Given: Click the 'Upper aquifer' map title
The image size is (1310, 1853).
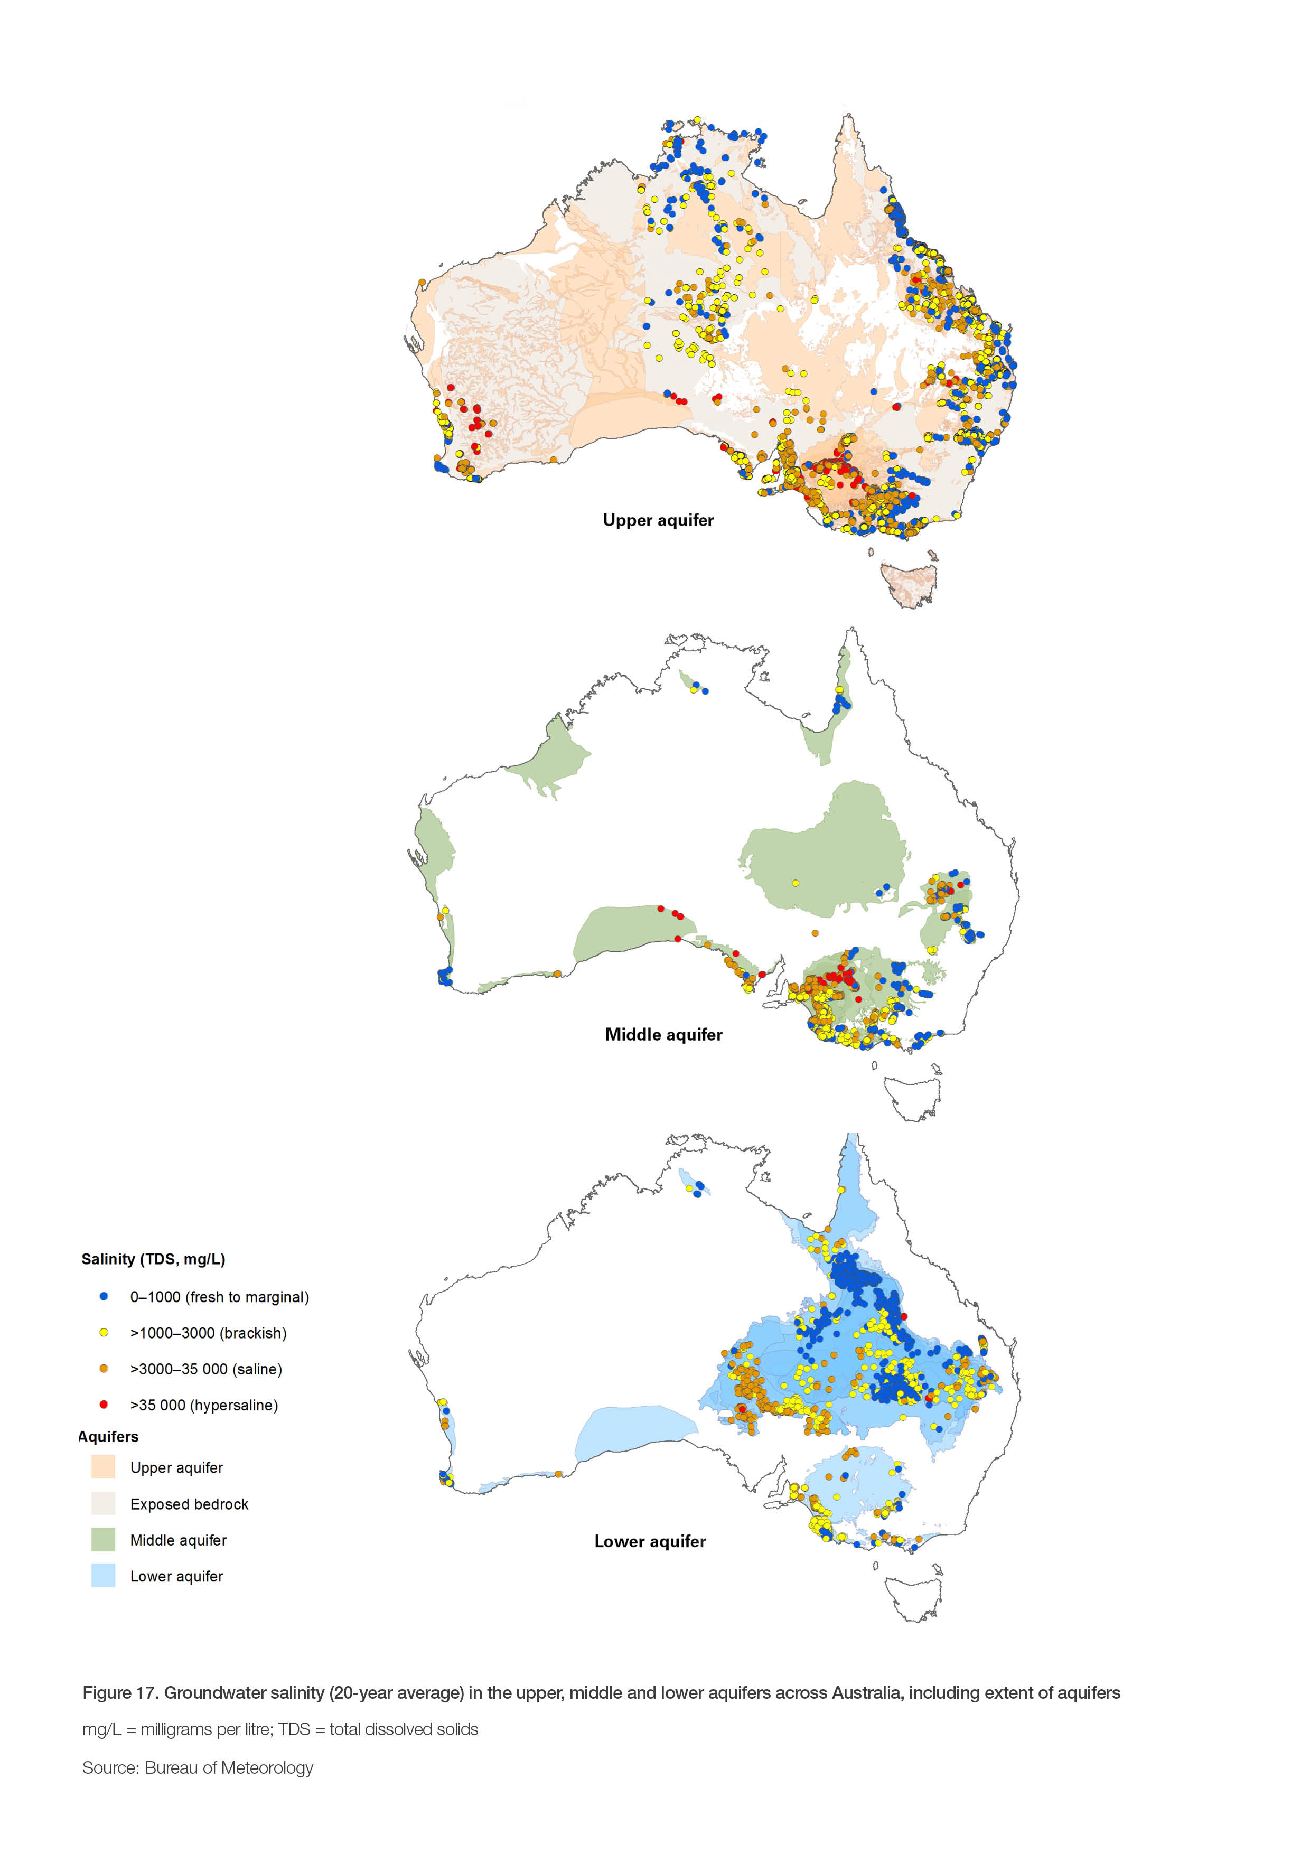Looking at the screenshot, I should tap(658, 520).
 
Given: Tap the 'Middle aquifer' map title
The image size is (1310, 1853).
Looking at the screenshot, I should tap(663, 1035).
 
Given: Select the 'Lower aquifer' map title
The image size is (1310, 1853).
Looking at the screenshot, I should tap(650, 1541).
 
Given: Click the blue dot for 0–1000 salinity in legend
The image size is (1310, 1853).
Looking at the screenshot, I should tap(104, 1297).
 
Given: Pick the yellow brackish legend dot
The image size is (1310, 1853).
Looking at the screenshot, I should tap(104, 1333).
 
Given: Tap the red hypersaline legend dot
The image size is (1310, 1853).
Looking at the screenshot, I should tap(104, 1405).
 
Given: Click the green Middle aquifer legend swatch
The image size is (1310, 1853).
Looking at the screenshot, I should tap(104, 1540).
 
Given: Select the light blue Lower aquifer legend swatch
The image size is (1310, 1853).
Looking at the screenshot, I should tap(104, 1576).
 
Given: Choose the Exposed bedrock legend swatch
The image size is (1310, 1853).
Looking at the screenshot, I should tap(104, 1503).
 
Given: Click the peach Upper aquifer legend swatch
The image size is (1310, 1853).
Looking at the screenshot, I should tap(104, 1467).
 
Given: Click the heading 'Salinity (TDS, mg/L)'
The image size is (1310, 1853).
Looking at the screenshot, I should tap(153, 1259).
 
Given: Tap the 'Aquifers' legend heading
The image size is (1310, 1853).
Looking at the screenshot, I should tap(108, 1437).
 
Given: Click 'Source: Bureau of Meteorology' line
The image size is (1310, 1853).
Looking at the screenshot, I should tap(198, 1767).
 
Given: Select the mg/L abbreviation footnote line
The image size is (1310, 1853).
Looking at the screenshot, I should tap(280, 1729).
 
